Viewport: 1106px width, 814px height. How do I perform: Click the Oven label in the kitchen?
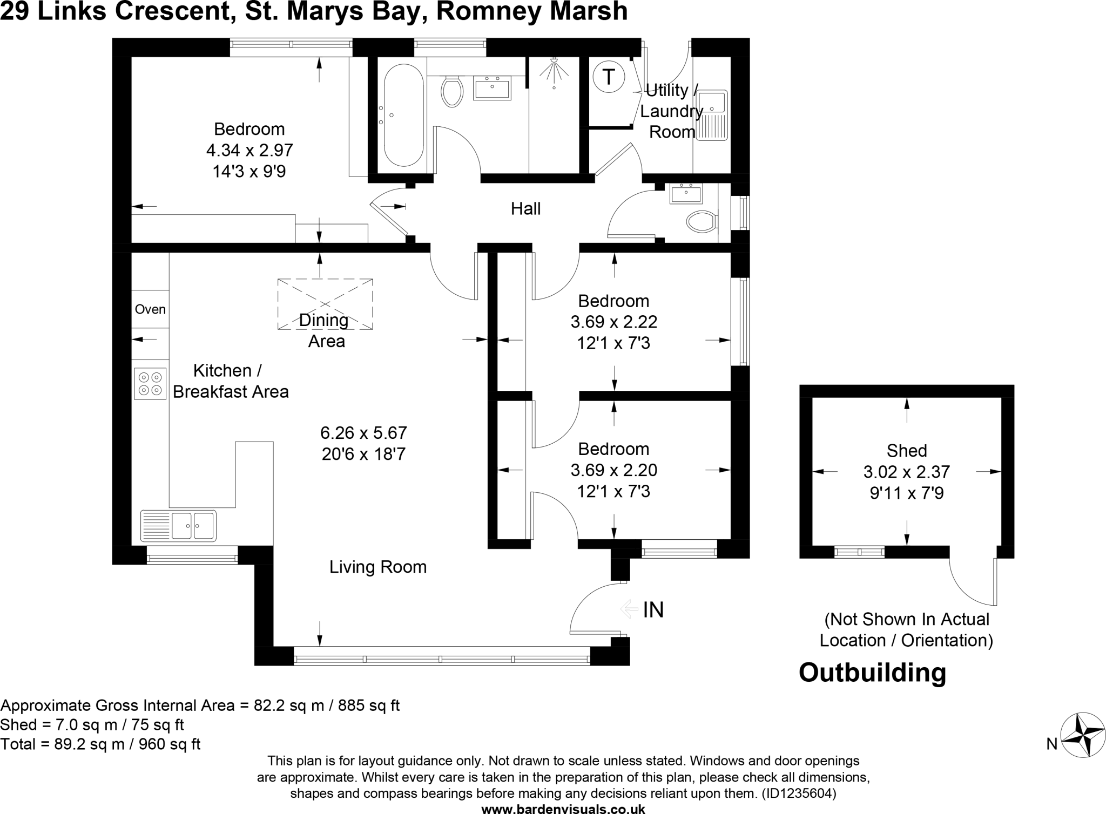150,309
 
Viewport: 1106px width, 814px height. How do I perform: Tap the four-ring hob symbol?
150,383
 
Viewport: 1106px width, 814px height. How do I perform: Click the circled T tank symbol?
609,77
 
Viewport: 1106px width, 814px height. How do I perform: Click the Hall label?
525,209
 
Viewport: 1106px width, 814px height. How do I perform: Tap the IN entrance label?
653,609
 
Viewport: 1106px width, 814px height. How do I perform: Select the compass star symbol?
1083,735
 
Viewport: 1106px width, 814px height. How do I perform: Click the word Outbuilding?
872,673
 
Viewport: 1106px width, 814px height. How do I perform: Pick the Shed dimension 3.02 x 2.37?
906,472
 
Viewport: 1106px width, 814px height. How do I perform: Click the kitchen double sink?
178,526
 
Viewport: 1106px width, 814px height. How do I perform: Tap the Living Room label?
378,567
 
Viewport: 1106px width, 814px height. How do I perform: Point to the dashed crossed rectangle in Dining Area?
325,304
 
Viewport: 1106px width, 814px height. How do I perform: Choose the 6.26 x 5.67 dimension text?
363,433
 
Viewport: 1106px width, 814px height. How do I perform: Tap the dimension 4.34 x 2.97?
249,150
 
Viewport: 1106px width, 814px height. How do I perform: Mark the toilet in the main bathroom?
452,91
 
